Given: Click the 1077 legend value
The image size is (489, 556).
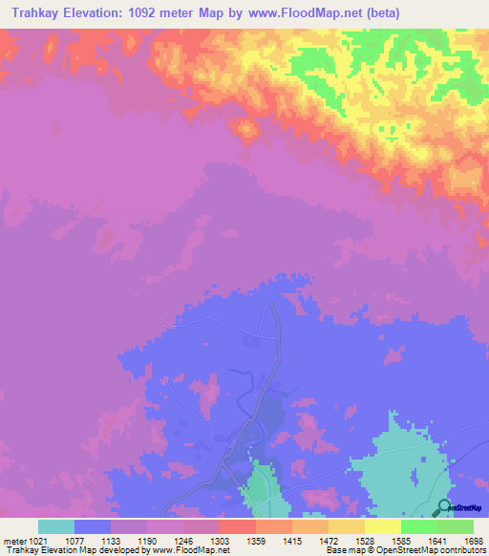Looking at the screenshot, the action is pos(91,542).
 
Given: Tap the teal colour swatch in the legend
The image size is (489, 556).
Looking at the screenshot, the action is pos(56,526).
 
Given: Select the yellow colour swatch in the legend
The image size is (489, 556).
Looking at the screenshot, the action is pos(382,526).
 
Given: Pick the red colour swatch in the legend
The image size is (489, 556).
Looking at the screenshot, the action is pos(237,526).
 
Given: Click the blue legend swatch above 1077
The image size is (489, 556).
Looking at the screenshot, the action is pos(93,526).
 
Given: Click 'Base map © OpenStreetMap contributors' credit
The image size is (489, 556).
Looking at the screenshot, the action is pos(404,551).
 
